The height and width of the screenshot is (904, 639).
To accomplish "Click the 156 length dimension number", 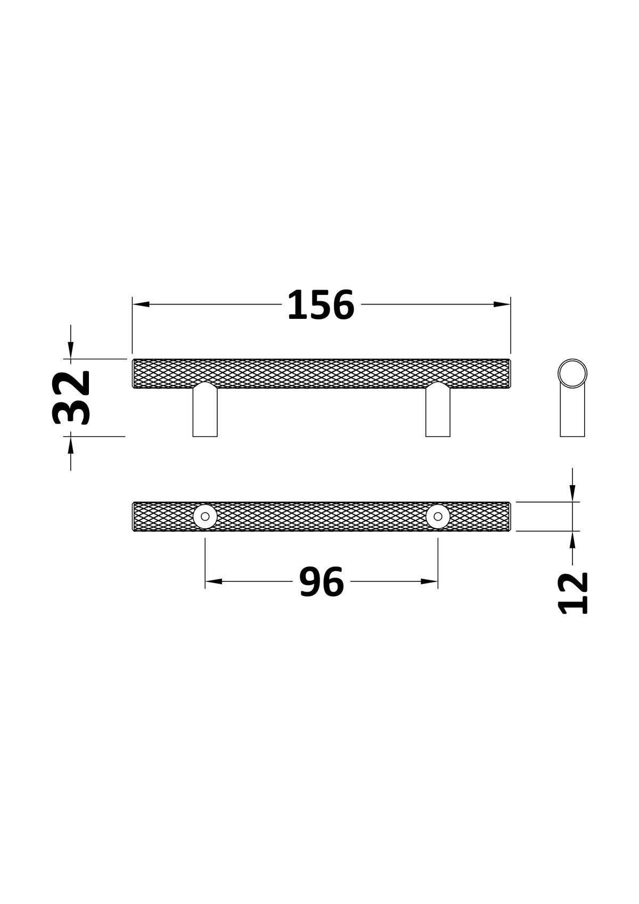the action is pyautogui.click(x=321, y=305).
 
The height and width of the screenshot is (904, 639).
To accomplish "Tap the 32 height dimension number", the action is pyautogui.click(x=71, y=398).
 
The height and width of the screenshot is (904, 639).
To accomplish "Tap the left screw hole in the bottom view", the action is pyautogui.click(x=205, y=516).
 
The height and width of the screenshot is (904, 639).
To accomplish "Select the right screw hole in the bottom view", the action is pyautogui.click(x=438, y=516).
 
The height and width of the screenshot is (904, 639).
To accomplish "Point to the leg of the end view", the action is pyautogui.click(x=572, y=412).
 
